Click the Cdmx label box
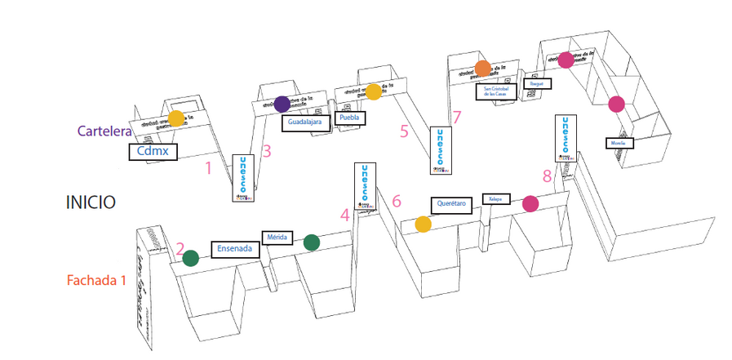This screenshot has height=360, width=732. click(x=153, y=151)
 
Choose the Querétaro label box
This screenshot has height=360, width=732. click(x=451, y=204)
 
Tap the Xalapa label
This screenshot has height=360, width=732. click(x=495, y=199)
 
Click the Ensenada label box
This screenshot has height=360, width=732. click(x=234, y=249)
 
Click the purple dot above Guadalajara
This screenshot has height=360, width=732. click(x=282, y=104)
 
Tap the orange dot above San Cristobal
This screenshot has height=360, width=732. click(x=482, y=68)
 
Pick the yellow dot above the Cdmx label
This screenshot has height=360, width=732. click(x=176, y=118)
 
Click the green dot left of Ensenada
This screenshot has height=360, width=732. click(x=191, y=259)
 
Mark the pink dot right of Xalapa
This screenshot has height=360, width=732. click(x=530, y=204)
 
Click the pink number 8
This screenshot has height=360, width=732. click(x=547, y=176)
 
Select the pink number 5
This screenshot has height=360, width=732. click(x=404, y=130)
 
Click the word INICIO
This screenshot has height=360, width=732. click(x=91, y=202)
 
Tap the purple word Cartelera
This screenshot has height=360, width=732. click(x=106, y=131)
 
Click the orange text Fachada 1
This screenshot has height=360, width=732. click(x=96, y=281)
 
